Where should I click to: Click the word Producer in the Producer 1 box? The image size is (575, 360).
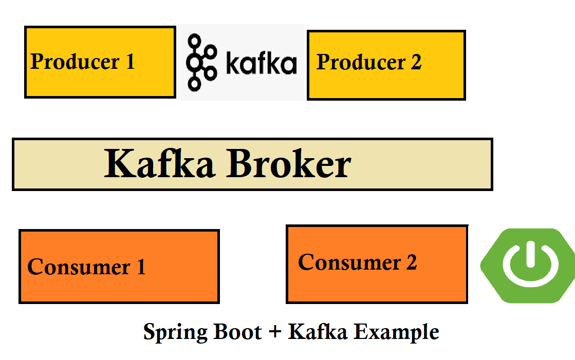75,61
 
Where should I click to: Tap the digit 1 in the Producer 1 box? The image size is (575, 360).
130,61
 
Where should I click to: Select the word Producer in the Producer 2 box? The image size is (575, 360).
361,62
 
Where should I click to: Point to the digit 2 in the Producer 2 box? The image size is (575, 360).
416,62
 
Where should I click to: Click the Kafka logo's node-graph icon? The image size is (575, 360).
201,62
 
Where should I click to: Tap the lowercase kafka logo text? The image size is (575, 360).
261,63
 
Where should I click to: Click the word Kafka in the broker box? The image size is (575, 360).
159,163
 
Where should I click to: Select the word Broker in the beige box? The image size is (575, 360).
289,163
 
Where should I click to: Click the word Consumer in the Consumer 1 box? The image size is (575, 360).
79,267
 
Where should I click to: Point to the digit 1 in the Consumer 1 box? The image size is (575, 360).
141,267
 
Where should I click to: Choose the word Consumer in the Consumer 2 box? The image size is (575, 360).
349,262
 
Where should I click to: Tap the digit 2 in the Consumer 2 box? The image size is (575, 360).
412,262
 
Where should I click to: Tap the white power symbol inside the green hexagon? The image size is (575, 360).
531,263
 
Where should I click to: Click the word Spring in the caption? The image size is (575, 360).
175,332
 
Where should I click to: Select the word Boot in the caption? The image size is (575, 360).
237,332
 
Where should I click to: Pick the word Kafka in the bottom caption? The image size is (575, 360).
318,331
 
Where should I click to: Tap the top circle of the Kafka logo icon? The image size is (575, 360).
194,40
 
